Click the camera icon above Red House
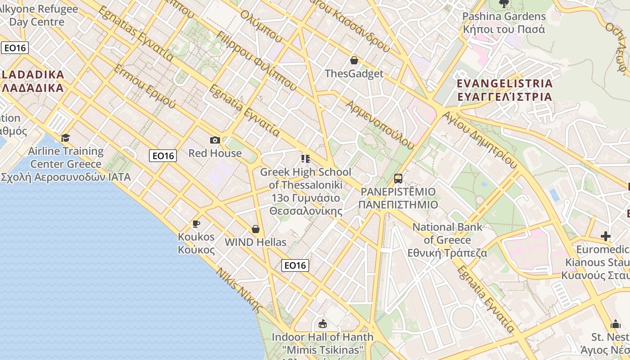[x=215, y=140]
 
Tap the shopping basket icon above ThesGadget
[x=354, y=60]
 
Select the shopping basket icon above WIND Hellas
[x=256, y=229]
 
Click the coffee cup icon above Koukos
[x=196, y=223]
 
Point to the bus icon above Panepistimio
[x=398, y=178]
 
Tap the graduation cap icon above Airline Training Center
[x=66, y=138]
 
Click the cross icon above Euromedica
[x=606, y=236]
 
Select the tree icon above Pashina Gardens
[x=504, y=4]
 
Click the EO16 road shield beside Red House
[x=163, y=156]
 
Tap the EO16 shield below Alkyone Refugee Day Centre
[x=15, y=48]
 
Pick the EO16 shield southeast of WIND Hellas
[x=295, y=265]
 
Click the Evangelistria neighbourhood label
[x=504, y=90]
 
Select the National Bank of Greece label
[x=447, y=240]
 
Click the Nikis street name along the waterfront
[x=239, y=290]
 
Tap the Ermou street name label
[x=144, y=86]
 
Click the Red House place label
[x=215, y=153]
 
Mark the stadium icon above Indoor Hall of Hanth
[x=322, y=324]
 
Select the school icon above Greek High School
[x=306, y=158]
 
